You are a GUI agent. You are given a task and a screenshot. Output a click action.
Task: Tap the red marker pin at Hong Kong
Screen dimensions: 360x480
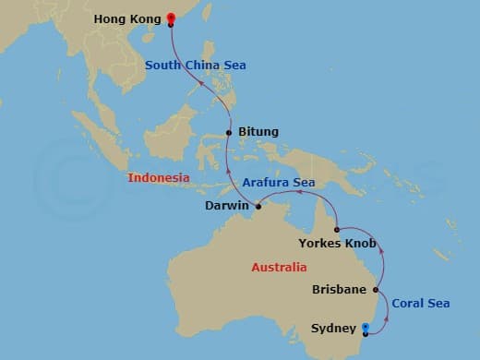170,18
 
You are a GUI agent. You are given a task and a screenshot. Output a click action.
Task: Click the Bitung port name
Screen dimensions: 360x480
258,132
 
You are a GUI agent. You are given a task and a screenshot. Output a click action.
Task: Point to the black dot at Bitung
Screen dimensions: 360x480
228,133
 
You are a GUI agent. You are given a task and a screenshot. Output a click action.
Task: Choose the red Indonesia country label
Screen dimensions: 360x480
159,177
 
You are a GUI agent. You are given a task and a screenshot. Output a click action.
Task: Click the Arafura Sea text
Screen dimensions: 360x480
280,183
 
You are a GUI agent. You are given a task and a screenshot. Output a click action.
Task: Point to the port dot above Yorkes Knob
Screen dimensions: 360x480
337,229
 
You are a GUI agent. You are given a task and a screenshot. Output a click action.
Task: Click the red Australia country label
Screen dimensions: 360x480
279,268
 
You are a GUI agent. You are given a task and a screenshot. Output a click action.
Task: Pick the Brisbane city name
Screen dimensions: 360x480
340,289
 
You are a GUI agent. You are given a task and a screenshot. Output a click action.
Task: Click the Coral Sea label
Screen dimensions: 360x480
421,303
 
